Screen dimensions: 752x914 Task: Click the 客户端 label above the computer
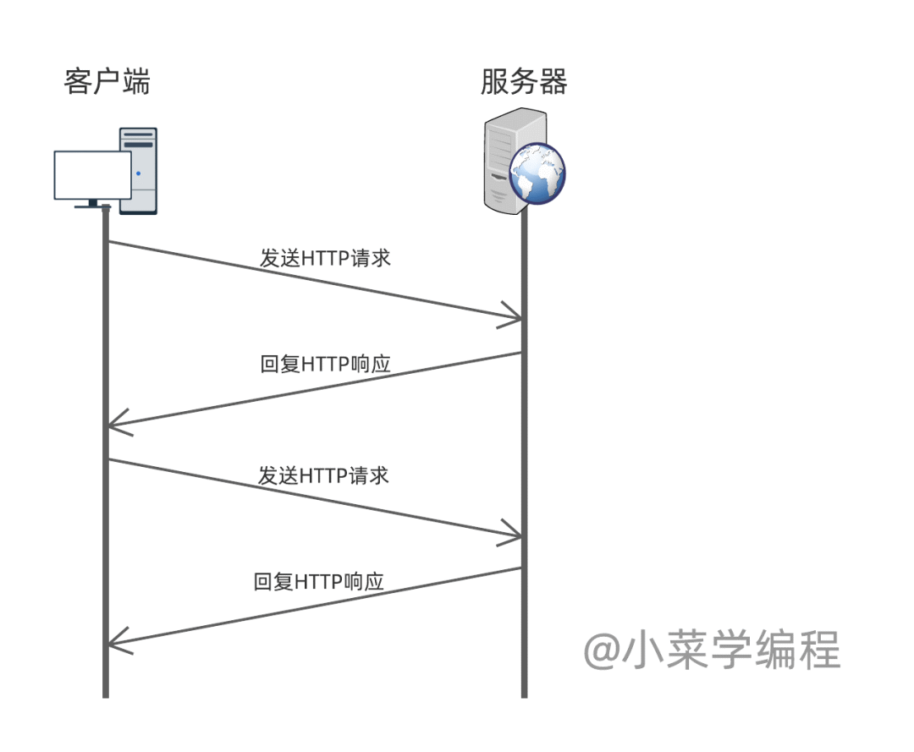[x=107, y=82]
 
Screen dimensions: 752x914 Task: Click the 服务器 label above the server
[x=523, y=82]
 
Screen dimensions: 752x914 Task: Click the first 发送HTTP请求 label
[x=326, y=258]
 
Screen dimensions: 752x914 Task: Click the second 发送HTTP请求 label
[x=324, y=475]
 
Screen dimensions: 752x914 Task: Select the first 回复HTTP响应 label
[x=326, y=365]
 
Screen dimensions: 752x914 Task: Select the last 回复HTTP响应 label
[x=319, y=582]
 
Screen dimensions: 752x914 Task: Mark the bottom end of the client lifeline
[x=106, y=695]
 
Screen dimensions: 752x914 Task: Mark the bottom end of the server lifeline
[x=524, y=695]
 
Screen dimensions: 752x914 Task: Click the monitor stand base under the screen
[x=92, y=205]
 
